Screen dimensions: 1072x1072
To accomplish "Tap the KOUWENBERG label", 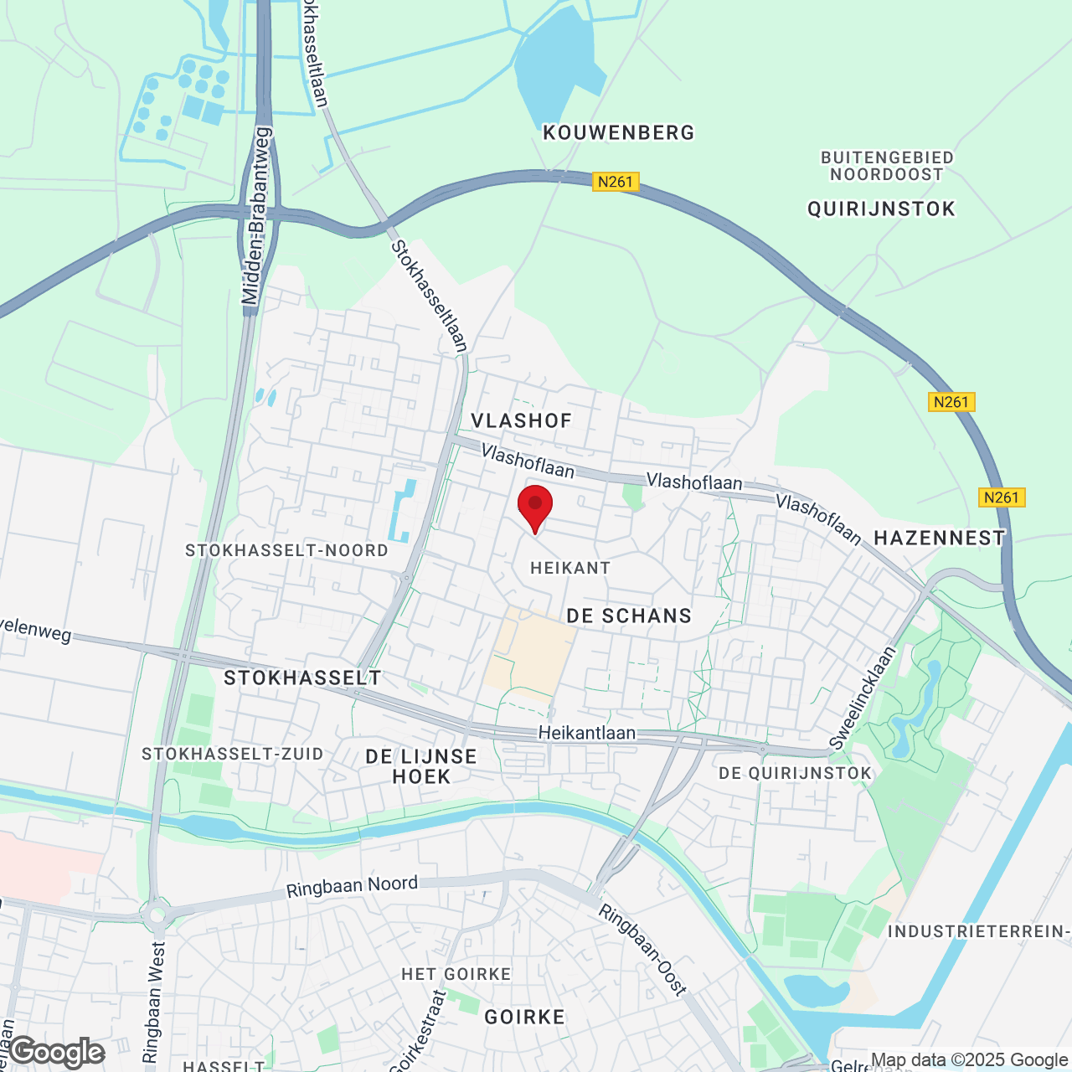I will coord(619,132).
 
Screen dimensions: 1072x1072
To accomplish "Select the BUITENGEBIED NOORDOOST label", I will coord(887,166).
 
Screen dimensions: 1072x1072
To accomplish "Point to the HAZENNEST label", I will coord(939,538).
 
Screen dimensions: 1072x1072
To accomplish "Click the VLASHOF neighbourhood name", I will coord(521,420).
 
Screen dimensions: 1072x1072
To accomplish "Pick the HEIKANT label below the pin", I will coord(570,568).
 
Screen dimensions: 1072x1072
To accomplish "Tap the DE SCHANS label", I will coord(629,616).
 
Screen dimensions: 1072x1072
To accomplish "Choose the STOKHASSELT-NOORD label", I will coord(286,550).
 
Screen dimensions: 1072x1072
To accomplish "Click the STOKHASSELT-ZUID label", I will coord(232,754).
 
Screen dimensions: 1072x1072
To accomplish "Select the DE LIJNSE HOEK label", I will coord(421,766).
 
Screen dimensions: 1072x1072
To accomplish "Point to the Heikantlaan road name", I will coord(586,733).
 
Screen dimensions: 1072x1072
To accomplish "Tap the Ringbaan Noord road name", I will coord(352,886).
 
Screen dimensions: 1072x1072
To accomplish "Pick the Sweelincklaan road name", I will coord(863,698).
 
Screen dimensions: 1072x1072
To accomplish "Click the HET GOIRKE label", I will coord(456,974).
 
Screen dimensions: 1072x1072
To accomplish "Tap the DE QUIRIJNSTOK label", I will coord(795,773).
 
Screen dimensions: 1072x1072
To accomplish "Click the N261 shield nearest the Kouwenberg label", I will coord(616,182).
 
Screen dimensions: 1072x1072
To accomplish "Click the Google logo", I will coord(57,1052).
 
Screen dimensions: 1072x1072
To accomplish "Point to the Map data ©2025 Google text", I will coord(970,1059).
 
